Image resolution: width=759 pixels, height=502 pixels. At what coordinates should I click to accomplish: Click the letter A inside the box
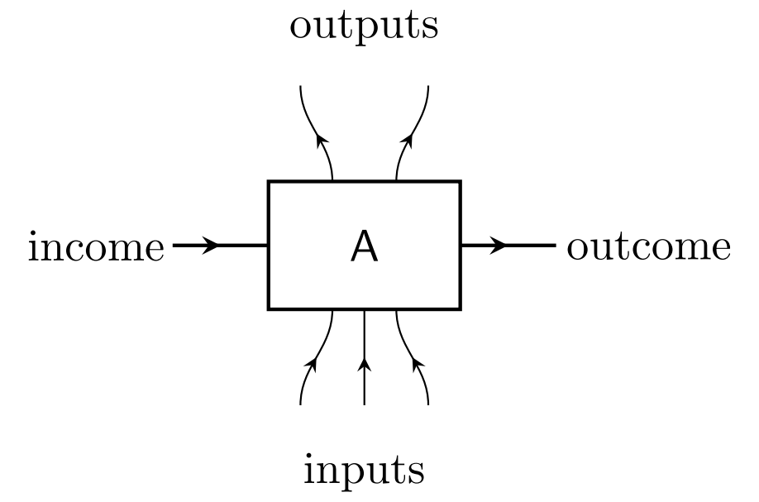(364, 246)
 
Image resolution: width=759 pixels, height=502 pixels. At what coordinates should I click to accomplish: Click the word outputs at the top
(364, 26)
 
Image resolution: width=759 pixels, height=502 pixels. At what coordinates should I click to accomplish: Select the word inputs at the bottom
(364, 470)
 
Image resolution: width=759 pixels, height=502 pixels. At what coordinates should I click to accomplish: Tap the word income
(96, 247)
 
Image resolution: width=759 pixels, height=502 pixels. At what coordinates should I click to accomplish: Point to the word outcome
(649, 247)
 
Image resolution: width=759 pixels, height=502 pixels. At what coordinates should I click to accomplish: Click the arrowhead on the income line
(212, 246)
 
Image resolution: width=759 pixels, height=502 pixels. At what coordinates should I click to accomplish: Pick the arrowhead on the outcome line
(499, 246)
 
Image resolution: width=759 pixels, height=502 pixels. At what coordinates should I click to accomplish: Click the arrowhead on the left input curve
(313, 363)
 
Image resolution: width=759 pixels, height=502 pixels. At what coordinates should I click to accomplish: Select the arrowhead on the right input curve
(417, 363)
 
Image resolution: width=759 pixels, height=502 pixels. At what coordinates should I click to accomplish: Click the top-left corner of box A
(269, 182)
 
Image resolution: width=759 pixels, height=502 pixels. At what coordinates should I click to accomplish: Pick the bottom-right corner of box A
(460, 309)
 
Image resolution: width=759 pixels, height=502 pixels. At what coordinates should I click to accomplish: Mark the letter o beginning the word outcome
(576, 250)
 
